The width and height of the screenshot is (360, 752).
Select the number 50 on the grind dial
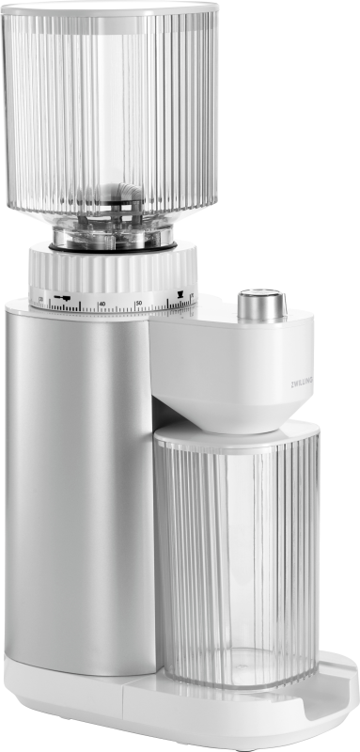(x=138, y=302)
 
